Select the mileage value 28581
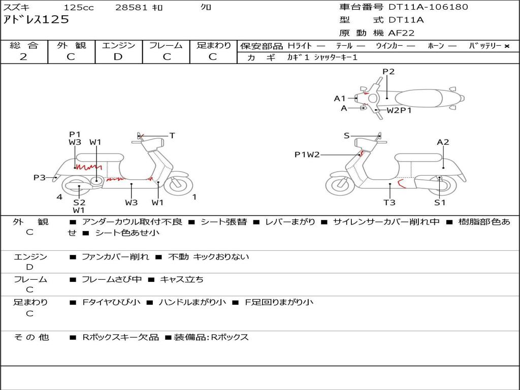point(132,8)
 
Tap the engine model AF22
point(401,33)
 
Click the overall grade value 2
point(23,57)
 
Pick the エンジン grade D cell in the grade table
point(118,57)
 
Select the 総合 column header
point(24,46)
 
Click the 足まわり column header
point(213,46)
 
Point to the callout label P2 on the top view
point(388,72)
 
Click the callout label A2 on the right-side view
point(443,142)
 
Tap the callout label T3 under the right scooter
point(389,203)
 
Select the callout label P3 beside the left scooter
point(40,177)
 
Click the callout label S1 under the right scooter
point(440,203)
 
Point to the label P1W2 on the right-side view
point(307,155)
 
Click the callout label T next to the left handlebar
point(172,136)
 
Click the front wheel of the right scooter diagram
point(339,185)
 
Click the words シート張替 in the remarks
point(224,222)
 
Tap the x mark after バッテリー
point(506,46)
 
